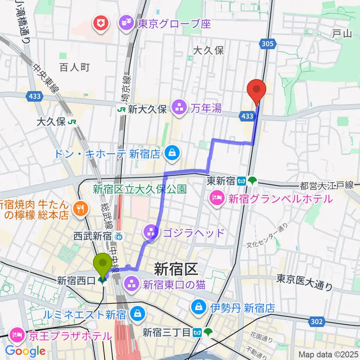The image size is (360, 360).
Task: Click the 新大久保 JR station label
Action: click(x=142, y=109)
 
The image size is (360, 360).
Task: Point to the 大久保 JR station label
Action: click(x=56, y=121)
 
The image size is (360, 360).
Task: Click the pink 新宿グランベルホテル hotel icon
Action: click(x=217, y=199)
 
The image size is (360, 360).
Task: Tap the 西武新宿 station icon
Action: click(x=118, y=237)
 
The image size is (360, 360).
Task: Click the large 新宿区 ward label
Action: click(x=175, y=269)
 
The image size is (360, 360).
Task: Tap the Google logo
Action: click(x=25, y=351)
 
